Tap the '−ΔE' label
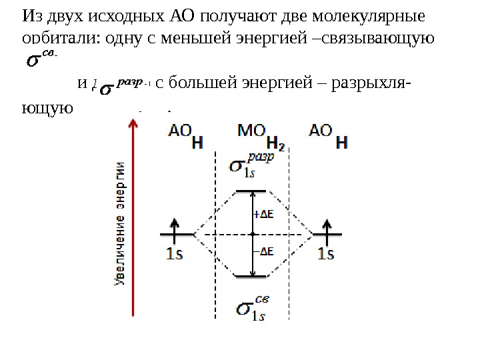[x=265, y=251]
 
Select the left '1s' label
[x=174, y=253]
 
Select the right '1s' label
[x=327, y=253]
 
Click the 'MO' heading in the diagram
[x=252, y=130]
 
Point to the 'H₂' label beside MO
[x=275, y=143]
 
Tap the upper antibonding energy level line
[x=252, y=191]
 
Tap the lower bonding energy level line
[x=252, y=276]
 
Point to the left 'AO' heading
[x=179, y=130]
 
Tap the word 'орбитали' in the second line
[x=56, y=38]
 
